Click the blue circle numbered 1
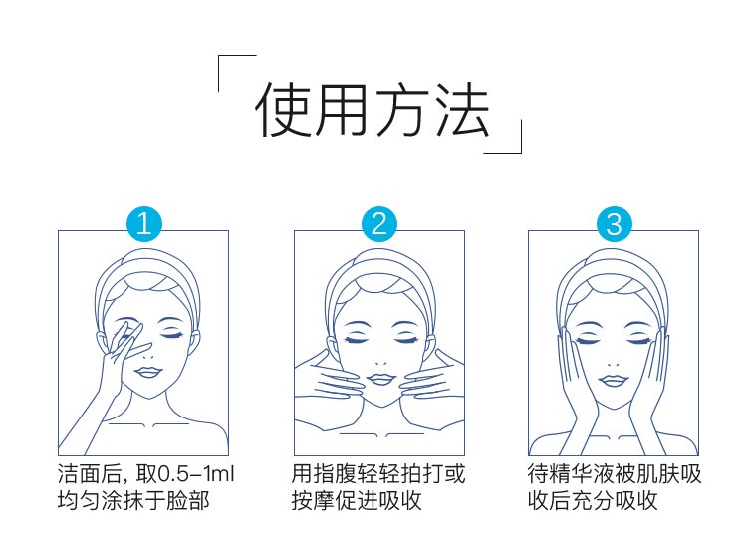[x=143, y=224]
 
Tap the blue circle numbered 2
[x=378, y=224]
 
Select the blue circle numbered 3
[x=614, y=224]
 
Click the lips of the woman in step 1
[x=150, y=371]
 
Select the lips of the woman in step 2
[x=378, y=376]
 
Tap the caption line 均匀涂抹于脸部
[x=133, y=500]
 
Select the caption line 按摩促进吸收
[x=358, y=500]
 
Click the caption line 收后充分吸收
[x=593, y=500]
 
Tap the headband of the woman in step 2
[x=378, y=278]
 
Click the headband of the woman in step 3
[x=614, y=278]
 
